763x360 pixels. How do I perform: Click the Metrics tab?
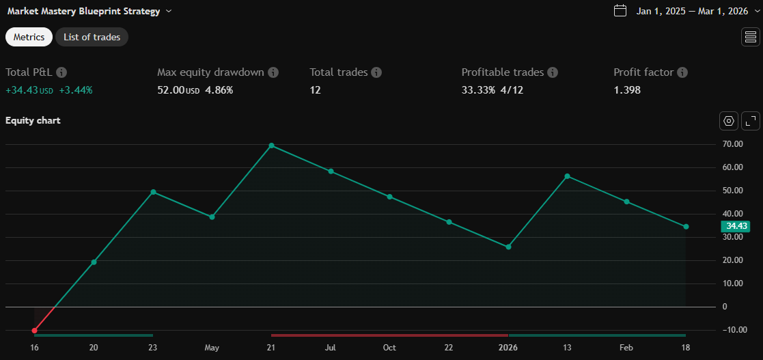(x=29, y=37)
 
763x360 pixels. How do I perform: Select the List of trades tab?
(x=92, y=37)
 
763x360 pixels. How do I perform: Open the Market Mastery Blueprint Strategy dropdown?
(x=169, y=11)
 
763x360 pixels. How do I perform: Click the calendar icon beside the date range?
(x=620, y=10)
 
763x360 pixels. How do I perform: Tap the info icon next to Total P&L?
(x=61, y=72)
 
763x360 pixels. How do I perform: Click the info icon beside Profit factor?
(x=682, y=72)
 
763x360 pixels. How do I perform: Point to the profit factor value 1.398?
(x=627, y=89)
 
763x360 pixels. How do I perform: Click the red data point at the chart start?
(x=34, y=331)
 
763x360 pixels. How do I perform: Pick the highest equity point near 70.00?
(x=271, y=146)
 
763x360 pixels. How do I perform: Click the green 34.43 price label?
(x=736, y=226)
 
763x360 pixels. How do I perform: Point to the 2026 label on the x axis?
(x=508, y=348)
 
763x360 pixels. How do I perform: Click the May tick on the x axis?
(x=212, y=348)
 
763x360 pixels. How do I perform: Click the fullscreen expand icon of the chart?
(x=750, y=121)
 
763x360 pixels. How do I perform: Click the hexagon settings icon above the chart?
(x=729, y=121)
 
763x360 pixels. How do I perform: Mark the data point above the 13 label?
(x=567, y=176)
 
